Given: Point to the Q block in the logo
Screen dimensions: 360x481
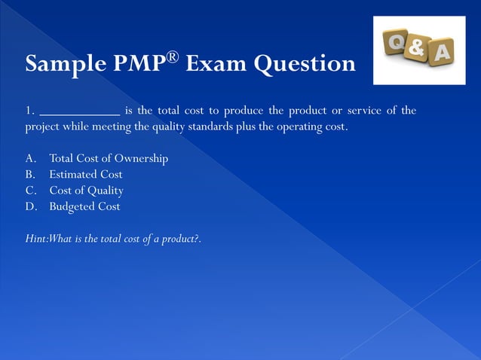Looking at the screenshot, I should [397, 42].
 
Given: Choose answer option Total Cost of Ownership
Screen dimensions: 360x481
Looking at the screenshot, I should [109, 159].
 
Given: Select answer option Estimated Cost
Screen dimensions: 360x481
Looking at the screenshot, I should [86, 175].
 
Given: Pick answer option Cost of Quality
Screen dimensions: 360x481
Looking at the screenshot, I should [87, 191].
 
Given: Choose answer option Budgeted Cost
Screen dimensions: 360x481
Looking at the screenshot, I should [84, 206].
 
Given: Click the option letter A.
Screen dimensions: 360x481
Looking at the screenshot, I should [30, 159].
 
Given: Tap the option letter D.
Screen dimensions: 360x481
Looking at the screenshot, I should [30, 206].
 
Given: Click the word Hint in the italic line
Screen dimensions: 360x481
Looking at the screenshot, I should [35, 239].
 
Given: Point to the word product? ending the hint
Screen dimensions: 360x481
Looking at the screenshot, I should [179, 239].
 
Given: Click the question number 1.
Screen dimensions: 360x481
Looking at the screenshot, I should [29, 111].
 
